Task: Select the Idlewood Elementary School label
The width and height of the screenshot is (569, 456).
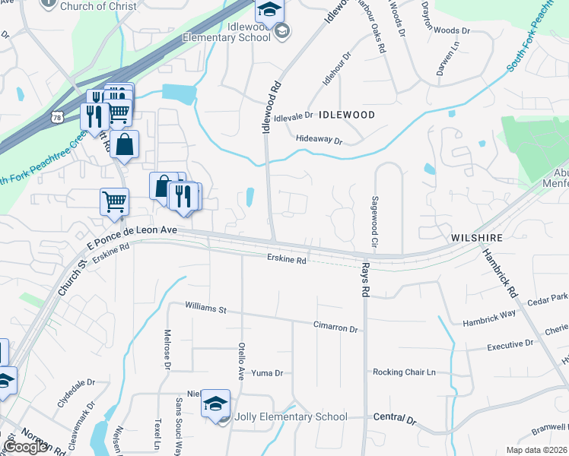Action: click(243, 31)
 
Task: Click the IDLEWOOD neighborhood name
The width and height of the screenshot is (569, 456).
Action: click(347, 115)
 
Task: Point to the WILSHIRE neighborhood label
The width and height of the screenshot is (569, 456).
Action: click(477, 238)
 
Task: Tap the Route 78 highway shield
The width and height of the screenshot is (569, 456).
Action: click(58, 116)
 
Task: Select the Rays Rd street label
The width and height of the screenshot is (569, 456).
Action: click(365, 280)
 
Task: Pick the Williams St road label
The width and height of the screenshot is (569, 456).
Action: click(206, 309)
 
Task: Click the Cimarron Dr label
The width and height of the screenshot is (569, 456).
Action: click(335, 327)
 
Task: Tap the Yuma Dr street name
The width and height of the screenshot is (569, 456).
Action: click(268, 373)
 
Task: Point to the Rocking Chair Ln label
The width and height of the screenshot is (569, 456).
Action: click(404, 372)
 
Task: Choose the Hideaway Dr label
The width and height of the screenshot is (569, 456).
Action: click(319, 141)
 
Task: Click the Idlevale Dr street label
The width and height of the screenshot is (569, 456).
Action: click(293, 116)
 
